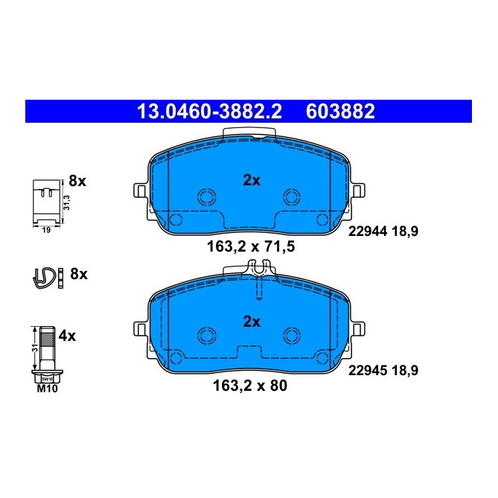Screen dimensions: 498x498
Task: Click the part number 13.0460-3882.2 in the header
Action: pyautogui.click(x=208, y=112)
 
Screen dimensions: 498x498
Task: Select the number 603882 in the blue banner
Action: pyautogui.click(x=340, y=112)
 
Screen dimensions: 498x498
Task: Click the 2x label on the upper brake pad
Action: pyautogui.click(x=252, y=179)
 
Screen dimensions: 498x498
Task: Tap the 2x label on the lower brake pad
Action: pyautogui.click(x=252, y=322)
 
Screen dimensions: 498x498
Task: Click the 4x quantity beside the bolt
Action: pyautogui.click(x=68, y=336)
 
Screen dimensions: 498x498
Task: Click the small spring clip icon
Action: pyautogui.click(x=45, y=277)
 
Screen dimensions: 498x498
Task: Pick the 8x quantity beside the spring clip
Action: pyautogui.click(x=78, y=274)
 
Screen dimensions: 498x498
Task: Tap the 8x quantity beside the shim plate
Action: pyautogui.click(x=78, y=180)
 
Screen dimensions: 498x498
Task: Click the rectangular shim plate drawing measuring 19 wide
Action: pyautogui.click(x=46, y=201)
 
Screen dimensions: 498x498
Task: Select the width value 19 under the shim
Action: pyautogui.click(x=45, y=232)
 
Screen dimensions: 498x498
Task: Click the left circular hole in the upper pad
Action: pyautogui.click(x=205, y=196)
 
